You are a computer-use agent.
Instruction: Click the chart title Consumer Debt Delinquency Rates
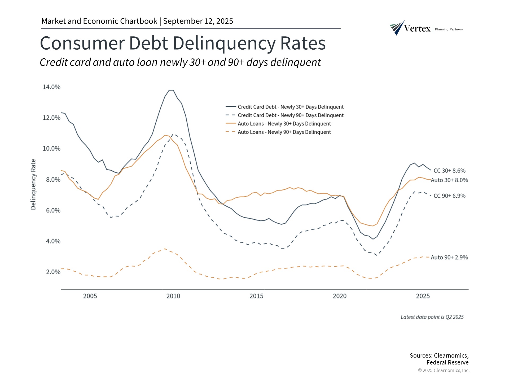point(183,43)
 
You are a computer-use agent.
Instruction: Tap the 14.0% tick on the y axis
point(51,87)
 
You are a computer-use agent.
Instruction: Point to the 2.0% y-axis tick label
point(53,272)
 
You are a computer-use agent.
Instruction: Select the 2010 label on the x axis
point(173,296)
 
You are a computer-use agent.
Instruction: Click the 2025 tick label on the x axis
point(423,296)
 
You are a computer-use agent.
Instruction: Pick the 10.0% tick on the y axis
point(51,149)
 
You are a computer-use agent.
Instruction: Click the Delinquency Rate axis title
point(33,184)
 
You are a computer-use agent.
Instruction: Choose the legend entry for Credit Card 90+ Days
point(290,115)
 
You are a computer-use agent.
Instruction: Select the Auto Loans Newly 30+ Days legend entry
point(284,124)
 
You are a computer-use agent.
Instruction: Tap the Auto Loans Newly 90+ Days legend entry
point(284,132)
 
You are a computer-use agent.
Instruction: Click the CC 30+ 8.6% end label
point(449,171)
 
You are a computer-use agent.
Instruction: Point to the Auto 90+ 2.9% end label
point(449,257)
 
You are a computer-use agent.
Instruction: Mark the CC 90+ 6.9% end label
point(449,196)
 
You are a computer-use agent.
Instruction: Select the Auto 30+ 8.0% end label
point(449,180)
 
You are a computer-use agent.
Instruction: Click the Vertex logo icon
point(397,28)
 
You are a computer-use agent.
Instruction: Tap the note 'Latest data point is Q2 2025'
point(432,317)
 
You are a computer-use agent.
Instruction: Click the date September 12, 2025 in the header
point(198,21)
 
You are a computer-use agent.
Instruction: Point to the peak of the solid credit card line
point(171,90)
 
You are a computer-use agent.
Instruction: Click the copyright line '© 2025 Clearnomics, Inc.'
point(444,370)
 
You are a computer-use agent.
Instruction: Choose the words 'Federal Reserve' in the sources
point(447,363)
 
